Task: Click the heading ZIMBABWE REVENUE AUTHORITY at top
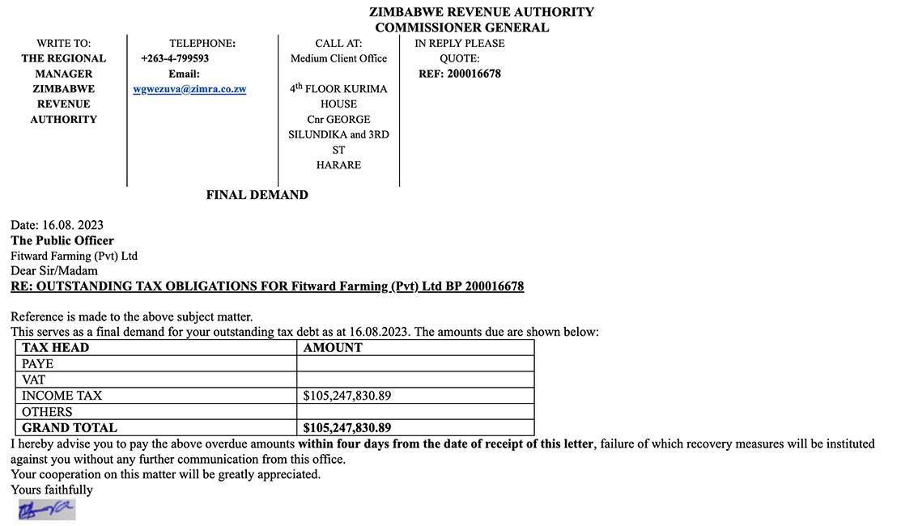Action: coord(481,12)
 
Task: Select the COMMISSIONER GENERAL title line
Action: coord(461,28)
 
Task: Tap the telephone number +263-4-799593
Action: coord(175,58)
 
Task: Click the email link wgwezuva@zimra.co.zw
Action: coord(189,89)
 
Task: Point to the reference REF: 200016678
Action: coord(459,74)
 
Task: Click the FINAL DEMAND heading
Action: coord(257,195)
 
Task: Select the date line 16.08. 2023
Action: coord(57,225)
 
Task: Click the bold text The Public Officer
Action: coord(62,240)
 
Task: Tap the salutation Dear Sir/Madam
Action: coord(54,271)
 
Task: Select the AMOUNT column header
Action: coord(333,348)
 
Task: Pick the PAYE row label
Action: coord(37,364)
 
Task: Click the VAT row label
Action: coord(33,380)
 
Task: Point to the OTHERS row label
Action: coord(47,412)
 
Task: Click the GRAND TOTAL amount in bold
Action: coord(347,427)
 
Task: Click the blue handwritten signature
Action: coord(47,510)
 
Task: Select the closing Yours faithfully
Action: coord(52,490)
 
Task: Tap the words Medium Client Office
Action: coord(338,58)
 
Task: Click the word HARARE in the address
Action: coord(338,165)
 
